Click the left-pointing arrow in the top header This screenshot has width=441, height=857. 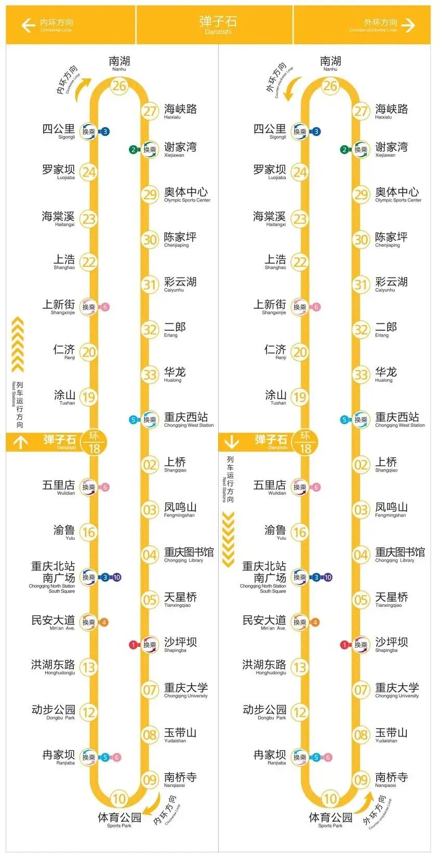click(x=28, y=25)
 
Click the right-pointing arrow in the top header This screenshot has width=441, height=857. click(x=408, y=25)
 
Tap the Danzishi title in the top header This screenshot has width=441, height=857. click(x=218, y=24)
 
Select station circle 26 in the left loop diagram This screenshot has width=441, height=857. click(x=119, y=86)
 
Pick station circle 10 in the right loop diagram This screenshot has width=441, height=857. click(x=330, y=798)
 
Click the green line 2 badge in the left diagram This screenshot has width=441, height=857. click(x=133, y=149)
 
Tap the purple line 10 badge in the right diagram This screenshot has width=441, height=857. click(x=328, y=577)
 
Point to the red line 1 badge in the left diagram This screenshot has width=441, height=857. click(x=133, y=645)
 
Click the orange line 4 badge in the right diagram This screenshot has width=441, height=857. click(x=315, y=622)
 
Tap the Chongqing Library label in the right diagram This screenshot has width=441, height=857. click(x=399, y=554)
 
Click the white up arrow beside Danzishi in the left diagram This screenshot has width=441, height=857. click(x=20, y=442)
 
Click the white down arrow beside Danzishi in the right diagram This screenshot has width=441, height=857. click(x=231, y=442)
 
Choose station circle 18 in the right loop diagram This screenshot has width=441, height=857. click(x=305, y=442)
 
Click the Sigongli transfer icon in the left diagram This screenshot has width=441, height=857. click(x=89, y=132)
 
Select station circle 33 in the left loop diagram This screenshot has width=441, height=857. click(x=150, y=374)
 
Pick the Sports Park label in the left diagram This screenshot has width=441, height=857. click(x=119, y=820)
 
